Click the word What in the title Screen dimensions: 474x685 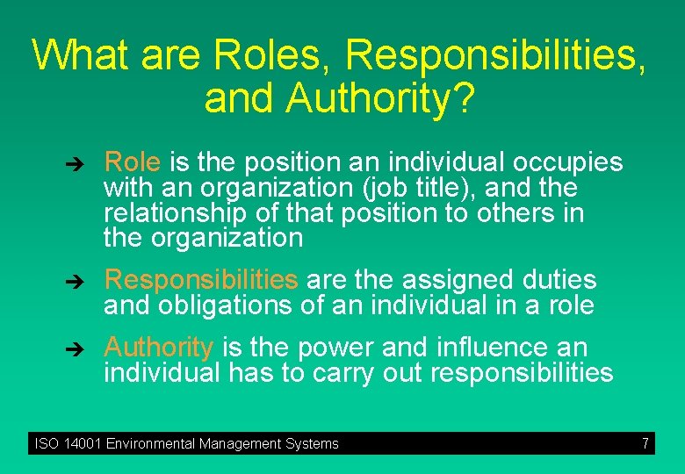pos(79,54)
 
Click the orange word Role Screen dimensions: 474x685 pos(132,162)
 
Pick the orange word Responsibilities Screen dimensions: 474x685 pos(201,280)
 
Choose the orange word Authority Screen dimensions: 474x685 pos(158,348)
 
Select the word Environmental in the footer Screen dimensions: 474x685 pos(152,443)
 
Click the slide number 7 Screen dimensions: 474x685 pos(645,443)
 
